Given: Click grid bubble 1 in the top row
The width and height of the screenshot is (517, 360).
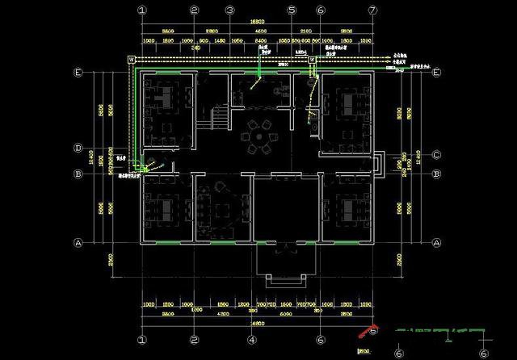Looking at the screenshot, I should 141,10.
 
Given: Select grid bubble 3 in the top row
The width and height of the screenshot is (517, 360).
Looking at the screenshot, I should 229,10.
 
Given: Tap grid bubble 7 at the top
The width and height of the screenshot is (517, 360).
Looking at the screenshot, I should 372,10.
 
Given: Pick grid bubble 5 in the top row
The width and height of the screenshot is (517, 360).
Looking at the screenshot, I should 291,10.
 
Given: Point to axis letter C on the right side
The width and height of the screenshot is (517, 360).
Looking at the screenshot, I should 435,155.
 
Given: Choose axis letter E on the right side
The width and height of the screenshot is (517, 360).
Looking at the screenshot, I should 435,73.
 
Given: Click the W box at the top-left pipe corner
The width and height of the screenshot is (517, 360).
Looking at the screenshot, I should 131,59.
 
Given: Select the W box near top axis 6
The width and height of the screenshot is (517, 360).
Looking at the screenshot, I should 311,59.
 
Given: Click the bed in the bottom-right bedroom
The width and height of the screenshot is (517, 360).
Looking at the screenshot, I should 350,209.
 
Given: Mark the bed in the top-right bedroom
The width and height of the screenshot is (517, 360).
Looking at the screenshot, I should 350,103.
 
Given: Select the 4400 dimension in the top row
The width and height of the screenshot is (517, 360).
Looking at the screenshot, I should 262,31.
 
